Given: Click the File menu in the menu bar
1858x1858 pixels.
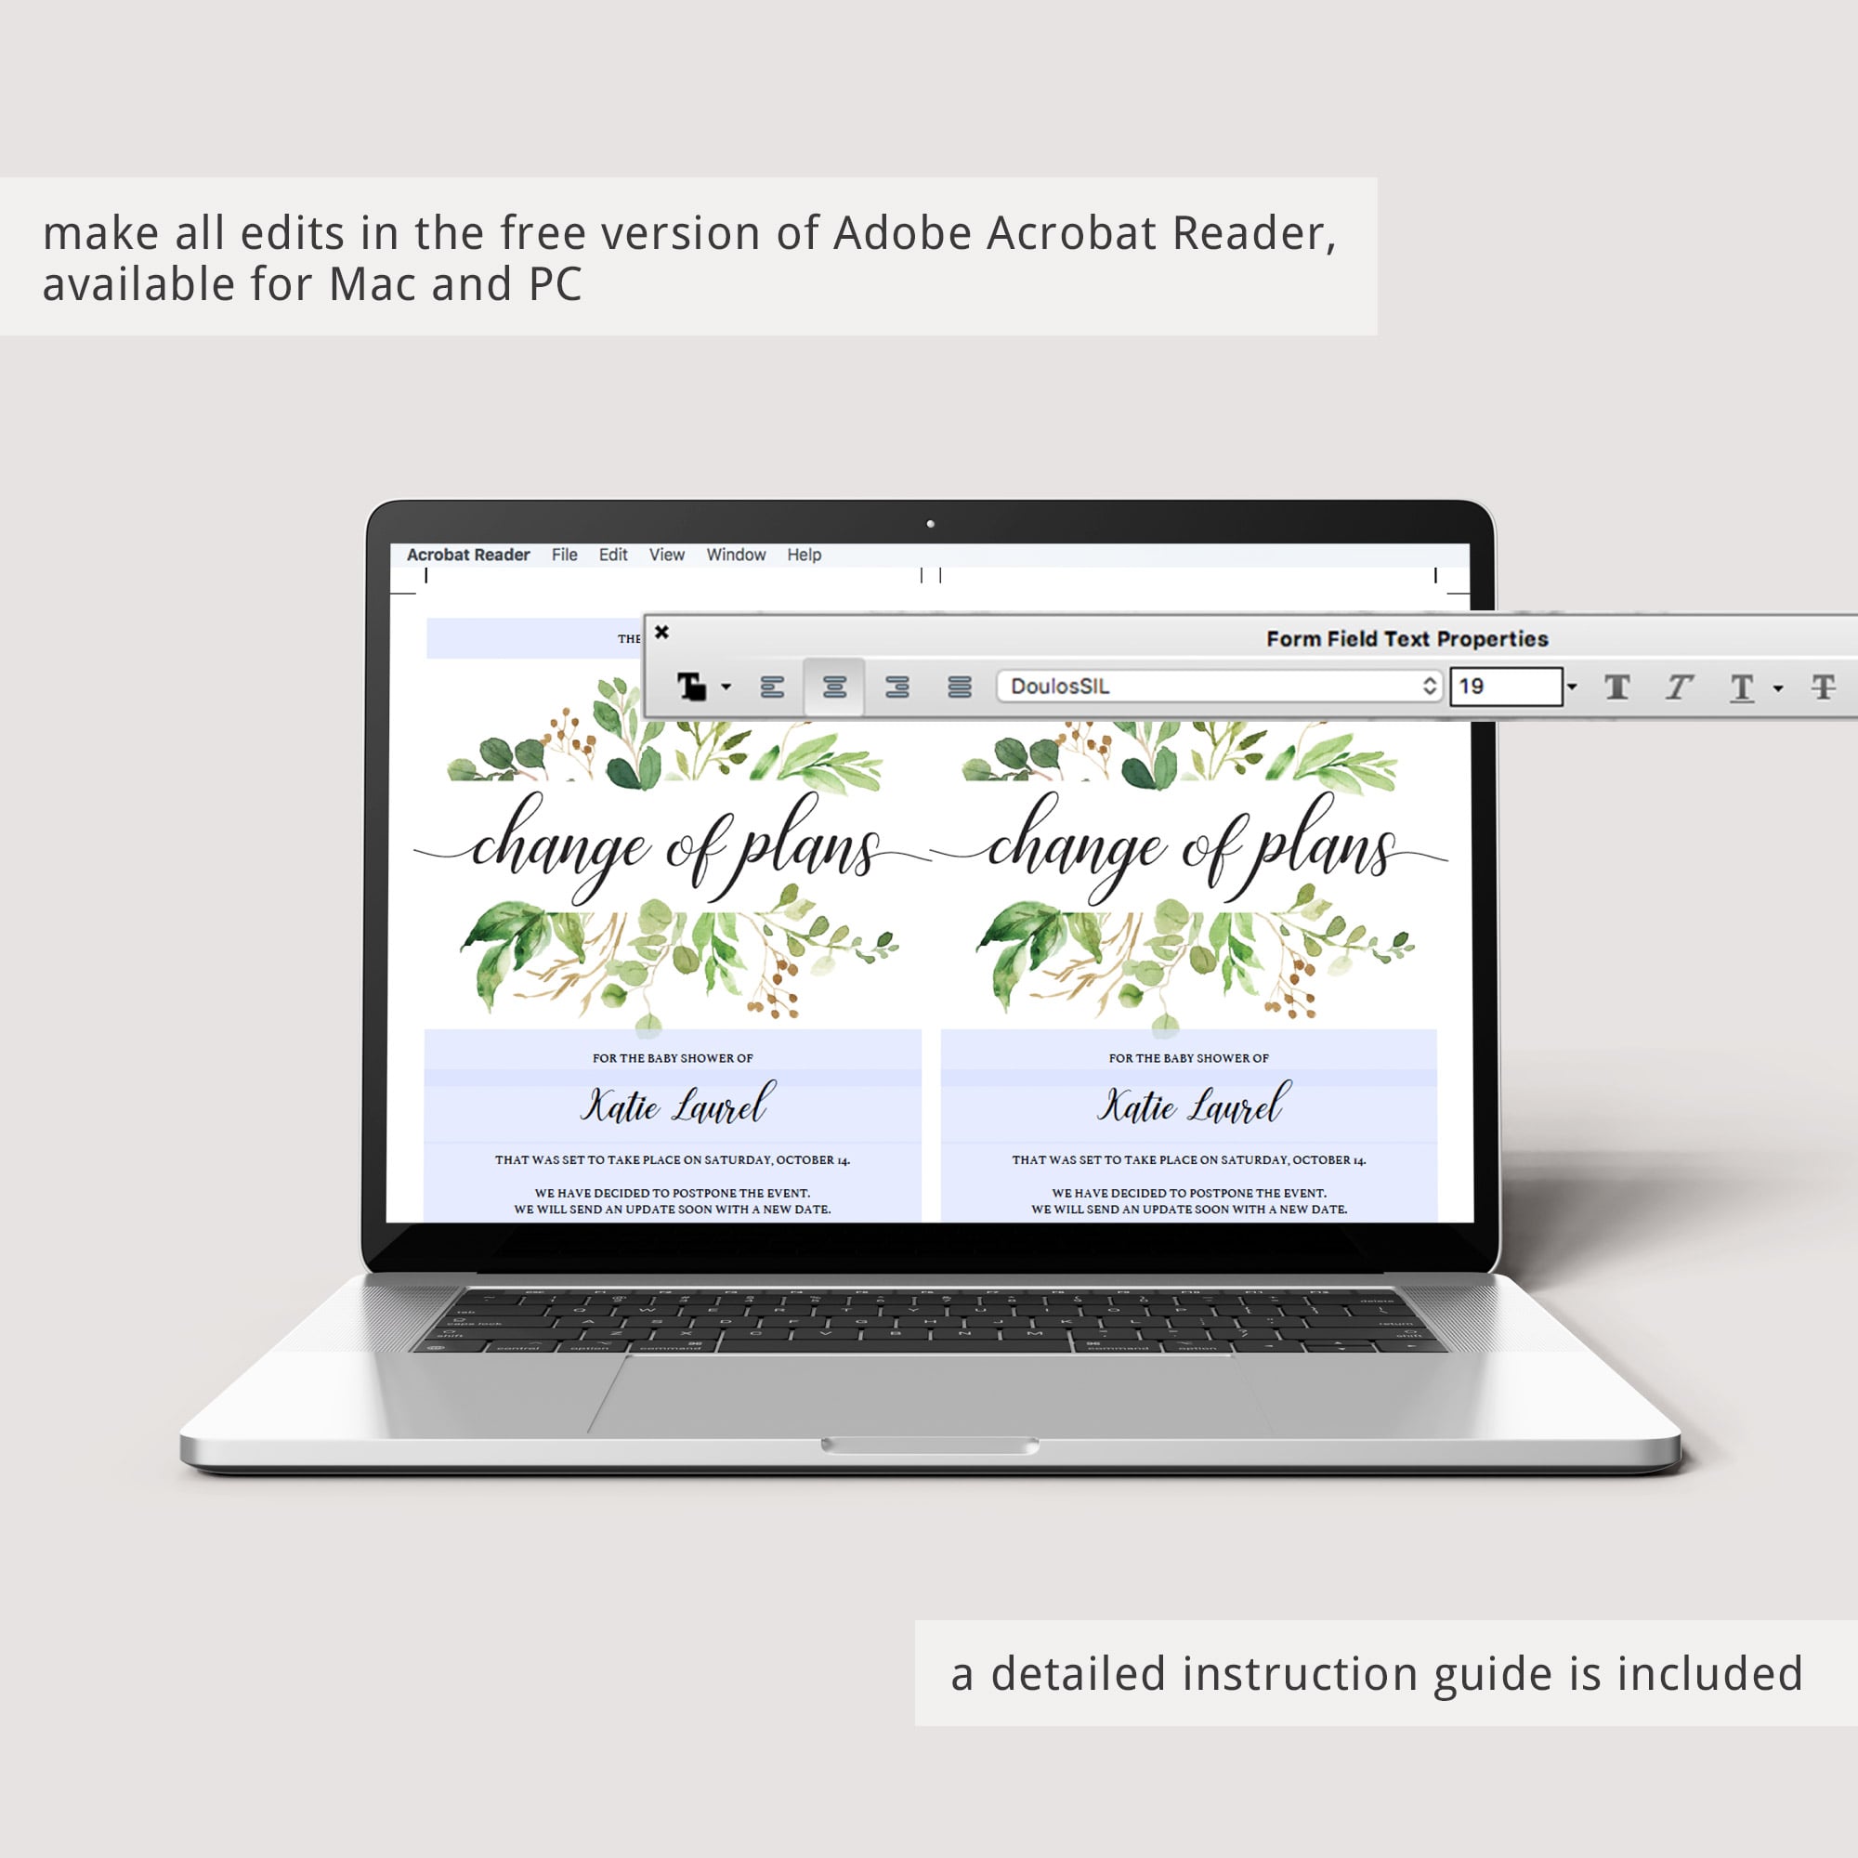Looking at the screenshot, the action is (x=565, y=555).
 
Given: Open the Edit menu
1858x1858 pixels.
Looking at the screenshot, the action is (x=612, y=555).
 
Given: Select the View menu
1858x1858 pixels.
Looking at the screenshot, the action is (x=666, y=555).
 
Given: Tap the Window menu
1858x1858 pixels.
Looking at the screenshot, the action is (x=736, y=555).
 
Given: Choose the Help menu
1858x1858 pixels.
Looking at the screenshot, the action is (x=804, y=555).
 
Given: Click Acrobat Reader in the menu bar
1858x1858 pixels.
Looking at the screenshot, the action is (x=468, y=555).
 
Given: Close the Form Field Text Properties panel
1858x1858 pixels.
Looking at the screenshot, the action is (x=661, y=632).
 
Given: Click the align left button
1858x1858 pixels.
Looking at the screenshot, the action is (x=772, y=687).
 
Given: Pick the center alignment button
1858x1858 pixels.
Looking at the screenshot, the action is (x=835, y=687).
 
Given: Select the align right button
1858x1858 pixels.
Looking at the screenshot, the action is (x=897, y=687).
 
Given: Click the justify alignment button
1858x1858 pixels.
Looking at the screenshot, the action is (x=960, y=687).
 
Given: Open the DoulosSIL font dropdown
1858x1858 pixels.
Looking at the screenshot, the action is (x=1220, y=687).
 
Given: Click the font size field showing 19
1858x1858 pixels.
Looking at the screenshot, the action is (x=1506, y=687).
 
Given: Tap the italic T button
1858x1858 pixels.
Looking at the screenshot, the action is (x=1679, y=687).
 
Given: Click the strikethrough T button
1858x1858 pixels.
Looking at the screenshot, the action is (x=1824, y=687).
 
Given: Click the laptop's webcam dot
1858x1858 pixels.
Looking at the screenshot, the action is (x=930, y=524).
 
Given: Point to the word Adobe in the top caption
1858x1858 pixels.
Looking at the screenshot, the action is (x=903, y=233).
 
